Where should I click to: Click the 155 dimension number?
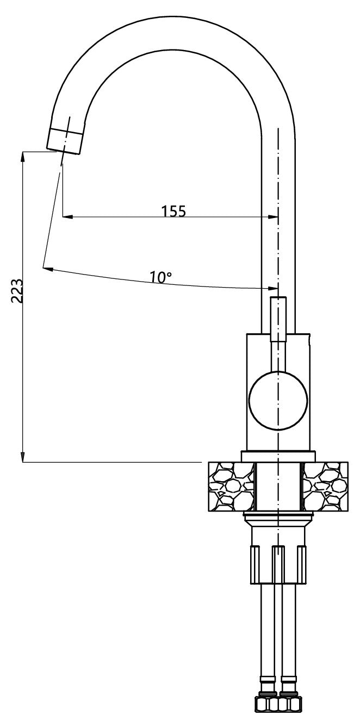[x=173, y=210]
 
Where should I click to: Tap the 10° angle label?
[x=161, y=277]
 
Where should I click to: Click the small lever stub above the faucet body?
[x=278, y=319]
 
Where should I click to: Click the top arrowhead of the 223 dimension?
[x=23, y=156]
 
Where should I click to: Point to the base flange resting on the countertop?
[x=278, y=456]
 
